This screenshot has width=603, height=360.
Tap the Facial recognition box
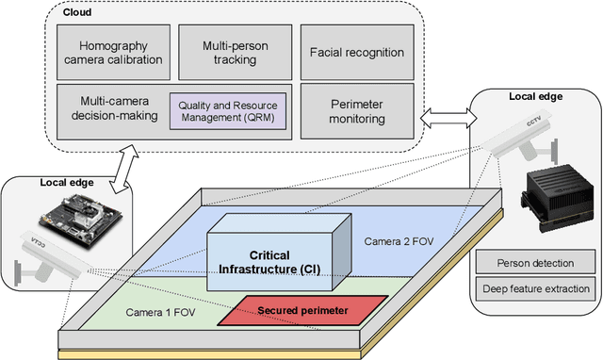click(358, 54)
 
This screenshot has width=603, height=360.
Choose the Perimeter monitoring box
click(358, 110)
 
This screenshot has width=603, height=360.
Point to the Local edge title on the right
click(534, 97)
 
